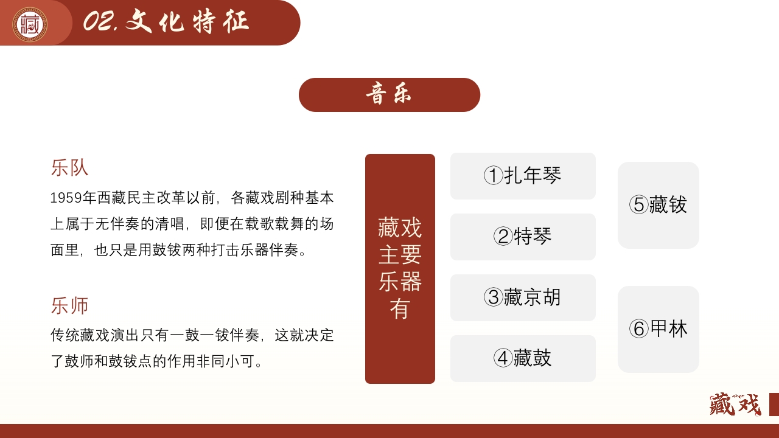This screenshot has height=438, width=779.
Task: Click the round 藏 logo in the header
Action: click(x=30, y=24)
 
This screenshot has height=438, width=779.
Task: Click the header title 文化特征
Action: click(x=187, y=23)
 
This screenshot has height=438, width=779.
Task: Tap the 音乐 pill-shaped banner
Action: click(x=389, y=95)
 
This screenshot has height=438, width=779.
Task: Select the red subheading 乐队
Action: click(x=69, y=168)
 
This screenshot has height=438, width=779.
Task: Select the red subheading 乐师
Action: click(x=69, y=305)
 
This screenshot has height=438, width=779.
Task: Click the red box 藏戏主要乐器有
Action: click(x=400, y=269)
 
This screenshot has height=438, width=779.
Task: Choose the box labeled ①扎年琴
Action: click(x=523, y=176)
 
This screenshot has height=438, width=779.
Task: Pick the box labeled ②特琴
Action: click(x=523, y=237)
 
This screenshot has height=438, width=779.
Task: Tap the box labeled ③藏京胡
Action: click(x=523, y=297)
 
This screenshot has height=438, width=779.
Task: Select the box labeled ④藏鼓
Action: click(x=523, y=358)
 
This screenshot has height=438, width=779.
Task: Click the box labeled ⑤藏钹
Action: click(x=658, y=205)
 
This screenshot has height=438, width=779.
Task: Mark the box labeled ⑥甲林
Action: click(x=658, y=329)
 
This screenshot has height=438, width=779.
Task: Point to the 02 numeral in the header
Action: click(x=97, y=23)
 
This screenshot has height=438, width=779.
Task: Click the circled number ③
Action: click(x=493, y=297)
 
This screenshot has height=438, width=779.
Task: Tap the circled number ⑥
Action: click(x=638, y=329)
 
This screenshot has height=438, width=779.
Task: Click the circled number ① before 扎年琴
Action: click(x=493, y=176)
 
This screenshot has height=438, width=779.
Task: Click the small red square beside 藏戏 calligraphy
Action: click(x=774, y=405)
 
